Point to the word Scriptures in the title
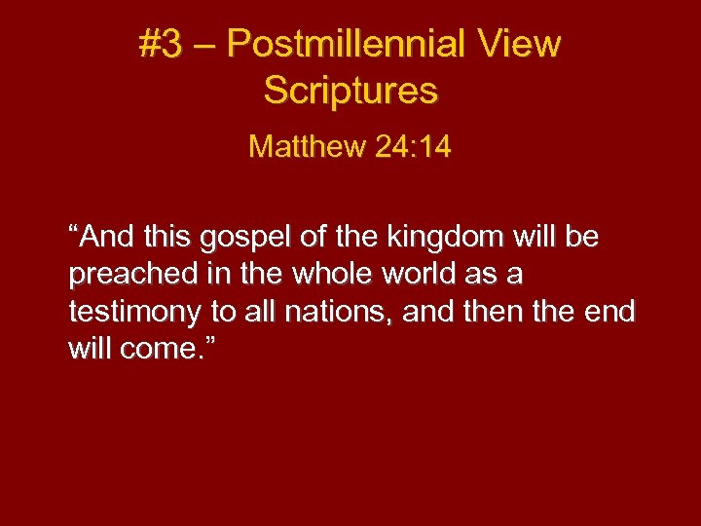pyautogui.click(x=350, y=91)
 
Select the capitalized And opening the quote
pyautogui.click(x=103, y=237)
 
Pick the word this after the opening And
pyautogui.click(x=165, y=237)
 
